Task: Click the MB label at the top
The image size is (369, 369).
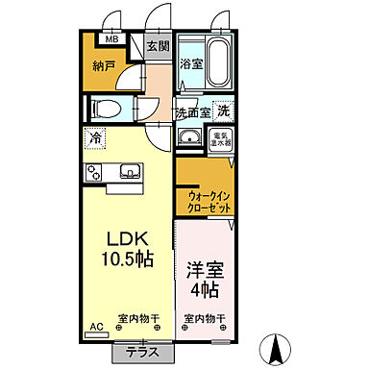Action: coord(112,40)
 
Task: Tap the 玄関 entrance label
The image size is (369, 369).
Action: coord(158,45)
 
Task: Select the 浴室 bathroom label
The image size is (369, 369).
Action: coord(189,64)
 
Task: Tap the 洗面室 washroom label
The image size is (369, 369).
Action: coord(192,112)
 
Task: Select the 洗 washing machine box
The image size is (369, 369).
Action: coord(223,111)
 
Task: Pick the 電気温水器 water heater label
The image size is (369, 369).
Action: coord(221,138)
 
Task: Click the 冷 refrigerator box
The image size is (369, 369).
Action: coord(95,136)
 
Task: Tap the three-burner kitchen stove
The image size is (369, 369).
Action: coord(95,173)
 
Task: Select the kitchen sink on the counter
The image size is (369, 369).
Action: coord(130,173)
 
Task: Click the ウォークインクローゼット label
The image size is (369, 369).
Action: coord(202,201)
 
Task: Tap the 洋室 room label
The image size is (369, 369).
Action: coord(203,271)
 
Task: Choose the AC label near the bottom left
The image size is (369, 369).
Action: coord(95,327)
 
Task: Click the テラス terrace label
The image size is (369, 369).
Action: coord(141,352)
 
